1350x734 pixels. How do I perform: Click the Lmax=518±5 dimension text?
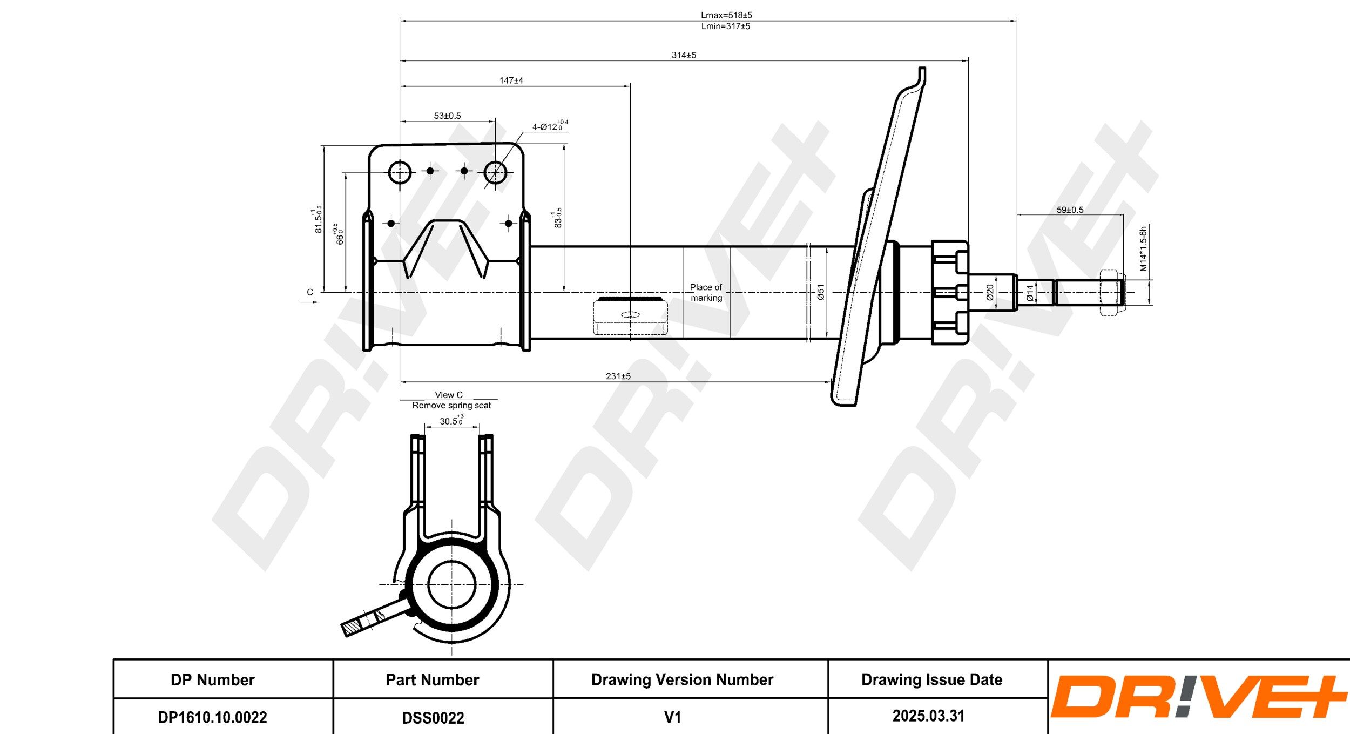pyautogui.click(x=726, y=15)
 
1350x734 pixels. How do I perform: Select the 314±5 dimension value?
pyautogui.click(x=684, y=55)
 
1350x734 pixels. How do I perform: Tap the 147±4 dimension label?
pyautogui.click(x=511, y=80)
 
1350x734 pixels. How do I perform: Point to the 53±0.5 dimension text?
pyautogui.click(x=447, y=116)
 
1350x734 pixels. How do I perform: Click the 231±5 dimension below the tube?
pyautogui.click(x=618, y=376)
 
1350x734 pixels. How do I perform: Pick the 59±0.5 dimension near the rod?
pyautogui.click(x=1070, y=210)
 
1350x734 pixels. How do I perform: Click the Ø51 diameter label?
pyautogui.click(x=821, y=292)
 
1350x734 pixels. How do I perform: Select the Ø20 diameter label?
pyautogui.click(x=990, y=292)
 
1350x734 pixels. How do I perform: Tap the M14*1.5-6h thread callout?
pyautogui.click(x=1143, y=249)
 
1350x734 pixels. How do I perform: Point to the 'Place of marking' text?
pyautogui.click(x=706, y=292)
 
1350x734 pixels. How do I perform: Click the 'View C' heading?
pyautogui.click(x=449, y=395)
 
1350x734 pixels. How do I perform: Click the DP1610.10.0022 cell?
pyautogui.click(x=212, y=717)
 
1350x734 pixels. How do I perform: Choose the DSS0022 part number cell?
pyautogui.click(x=433, y=717)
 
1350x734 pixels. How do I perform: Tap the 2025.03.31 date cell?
pyautogui.click(x=928, y=716)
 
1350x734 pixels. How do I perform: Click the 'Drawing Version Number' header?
pyautogui.click(x=682, y=679)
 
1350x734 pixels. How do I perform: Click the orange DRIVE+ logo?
pyautogui.click(x=1198, y=697)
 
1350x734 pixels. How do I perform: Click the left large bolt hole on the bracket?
pyautogui.click(x=400, y=173)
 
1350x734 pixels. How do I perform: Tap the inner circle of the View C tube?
pyautogui.click(x=451, y=584)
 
